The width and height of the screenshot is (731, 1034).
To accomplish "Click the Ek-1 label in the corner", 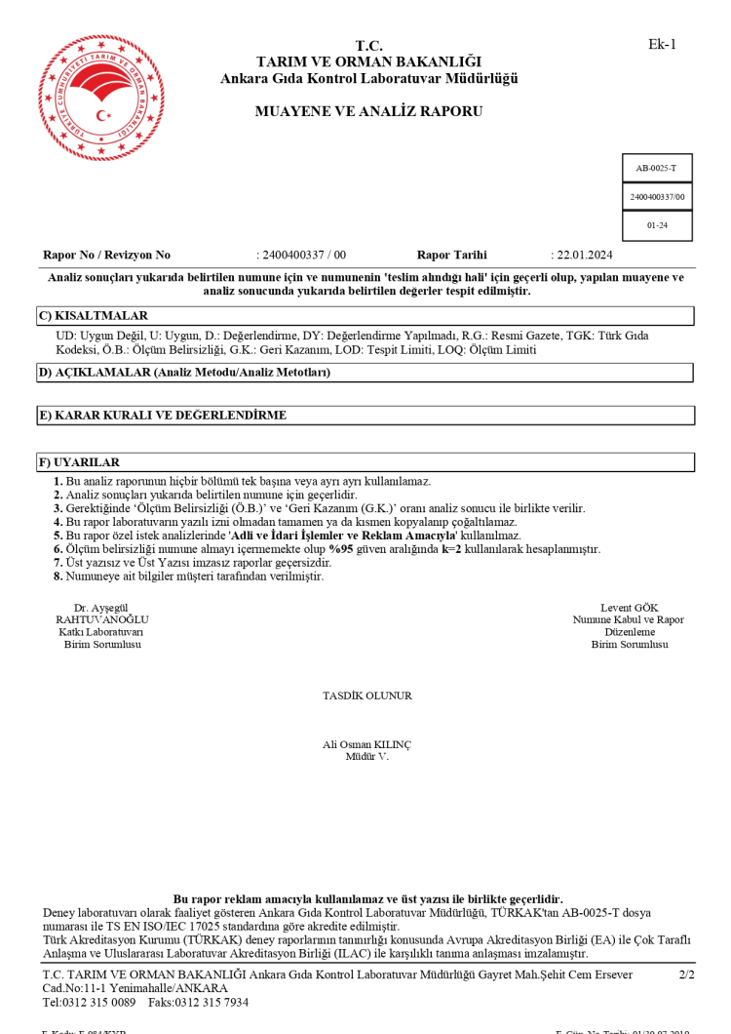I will (x=662, y=44).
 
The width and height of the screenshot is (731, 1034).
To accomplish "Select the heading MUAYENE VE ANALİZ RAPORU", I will (x=368, y=111).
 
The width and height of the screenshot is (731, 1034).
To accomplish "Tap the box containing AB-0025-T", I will (x=657, y=168).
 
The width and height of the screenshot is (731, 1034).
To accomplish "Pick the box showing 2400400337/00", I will (x=657, y=197).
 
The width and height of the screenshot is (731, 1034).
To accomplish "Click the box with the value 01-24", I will (x=657, y=225).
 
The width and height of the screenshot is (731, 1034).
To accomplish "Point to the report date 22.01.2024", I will (x=584, y=256).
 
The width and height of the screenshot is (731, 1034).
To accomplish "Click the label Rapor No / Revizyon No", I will (x=107, y=256).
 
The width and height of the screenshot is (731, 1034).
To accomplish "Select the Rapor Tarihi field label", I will (x=451, y=256).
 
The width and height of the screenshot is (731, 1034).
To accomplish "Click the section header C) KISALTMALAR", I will (x=94, y=316).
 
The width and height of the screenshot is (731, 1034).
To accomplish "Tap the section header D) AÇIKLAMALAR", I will (x=184, y=373).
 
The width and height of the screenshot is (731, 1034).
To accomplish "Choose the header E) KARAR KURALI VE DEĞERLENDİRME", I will (x=163, y=416).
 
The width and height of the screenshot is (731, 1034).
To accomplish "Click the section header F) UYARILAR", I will (x=79, y=462).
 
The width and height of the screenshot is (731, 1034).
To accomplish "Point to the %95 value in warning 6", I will (x=340, y=549).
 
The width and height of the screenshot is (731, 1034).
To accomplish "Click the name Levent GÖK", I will (x=630, y=608).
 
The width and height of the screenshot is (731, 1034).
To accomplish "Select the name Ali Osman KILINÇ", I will (x=366, y=745).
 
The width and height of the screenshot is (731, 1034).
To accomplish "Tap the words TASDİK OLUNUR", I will (x=366, y=696).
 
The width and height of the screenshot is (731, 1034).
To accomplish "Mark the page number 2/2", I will (x=686, y=974).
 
